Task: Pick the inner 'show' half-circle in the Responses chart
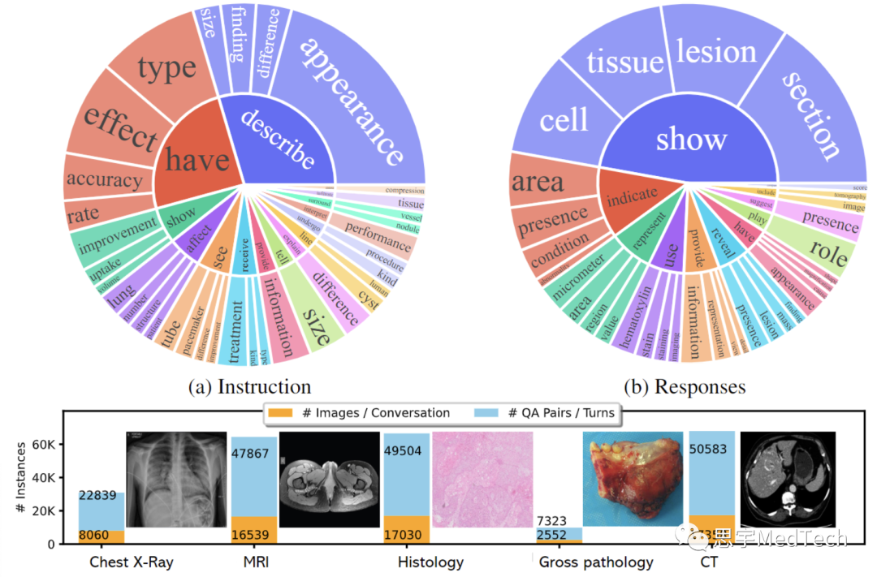(691, 139)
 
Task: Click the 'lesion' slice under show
(716, 54)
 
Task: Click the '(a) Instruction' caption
(249, 386)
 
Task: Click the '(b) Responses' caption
(684, 386)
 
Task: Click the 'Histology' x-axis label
(430, 562)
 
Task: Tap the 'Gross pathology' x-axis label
(596, 562)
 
